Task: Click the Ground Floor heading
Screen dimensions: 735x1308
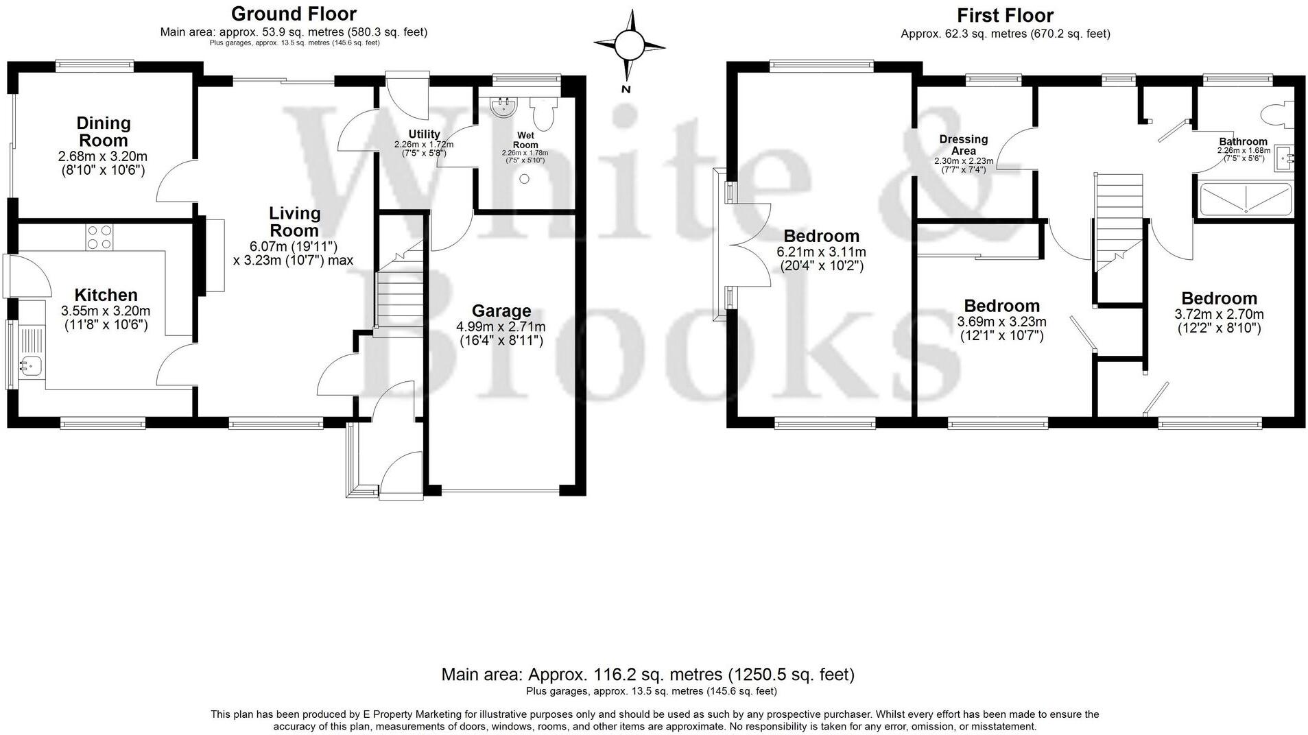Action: [x=294, y=14]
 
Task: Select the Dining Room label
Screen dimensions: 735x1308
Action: [x=103, y=131]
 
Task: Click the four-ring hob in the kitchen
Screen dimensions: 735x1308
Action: [x=99, y=237]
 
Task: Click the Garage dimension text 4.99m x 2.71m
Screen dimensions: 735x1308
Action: [x=501, y=327]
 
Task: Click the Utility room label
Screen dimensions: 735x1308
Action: [x=424, y=134]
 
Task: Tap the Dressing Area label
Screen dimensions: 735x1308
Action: [x=963, y=145]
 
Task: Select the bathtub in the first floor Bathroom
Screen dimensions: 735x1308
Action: [x=1245, y=199]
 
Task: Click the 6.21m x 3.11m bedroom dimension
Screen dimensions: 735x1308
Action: [x=821, y=252]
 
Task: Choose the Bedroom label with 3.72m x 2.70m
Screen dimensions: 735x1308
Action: [x=1219, y=298]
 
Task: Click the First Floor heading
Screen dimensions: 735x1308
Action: [x=1005, y=15]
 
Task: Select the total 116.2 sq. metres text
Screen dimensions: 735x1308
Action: [x=647, y=675]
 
